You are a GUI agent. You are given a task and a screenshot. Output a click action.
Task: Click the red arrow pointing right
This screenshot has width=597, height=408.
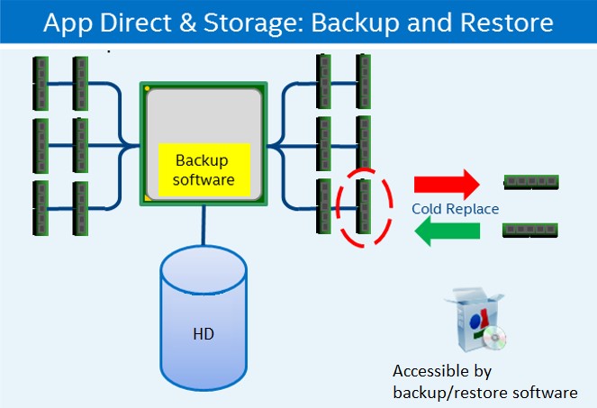(445, 186)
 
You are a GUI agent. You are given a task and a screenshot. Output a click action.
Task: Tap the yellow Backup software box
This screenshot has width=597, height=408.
(202, 169)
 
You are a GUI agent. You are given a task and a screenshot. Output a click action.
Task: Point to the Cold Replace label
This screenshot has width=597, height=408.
(455, 209)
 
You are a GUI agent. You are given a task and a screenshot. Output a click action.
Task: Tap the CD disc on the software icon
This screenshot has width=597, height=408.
(493, 339)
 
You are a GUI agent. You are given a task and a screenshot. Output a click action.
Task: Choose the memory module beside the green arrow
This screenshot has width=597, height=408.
(530, 231)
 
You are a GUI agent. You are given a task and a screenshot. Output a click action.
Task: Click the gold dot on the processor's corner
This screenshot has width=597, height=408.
(147, 88)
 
